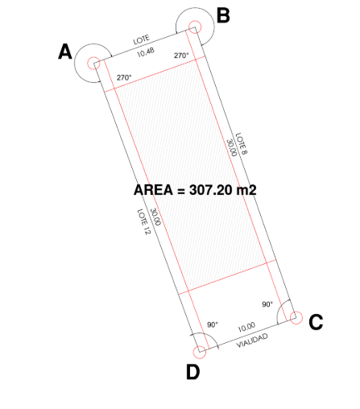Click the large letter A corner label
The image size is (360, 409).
[65, 52]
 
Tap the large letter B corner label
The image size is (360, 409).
[223, 15]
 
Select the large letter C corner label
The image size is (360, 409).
[316, 322]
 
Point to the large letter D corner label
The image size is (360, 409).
[192, 372]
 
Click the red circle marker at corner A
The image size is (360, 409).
[93, 63]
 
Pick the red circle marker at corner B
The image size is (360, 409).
[195, 27]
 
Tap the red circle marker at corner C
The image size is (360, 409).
[296, 317]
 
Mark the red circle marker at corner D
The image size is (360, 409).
[200, 352]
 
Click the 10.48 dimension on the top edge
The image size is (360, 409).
[146, 52]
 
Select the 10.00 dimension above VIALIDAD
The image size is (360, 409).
[246, 327]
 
